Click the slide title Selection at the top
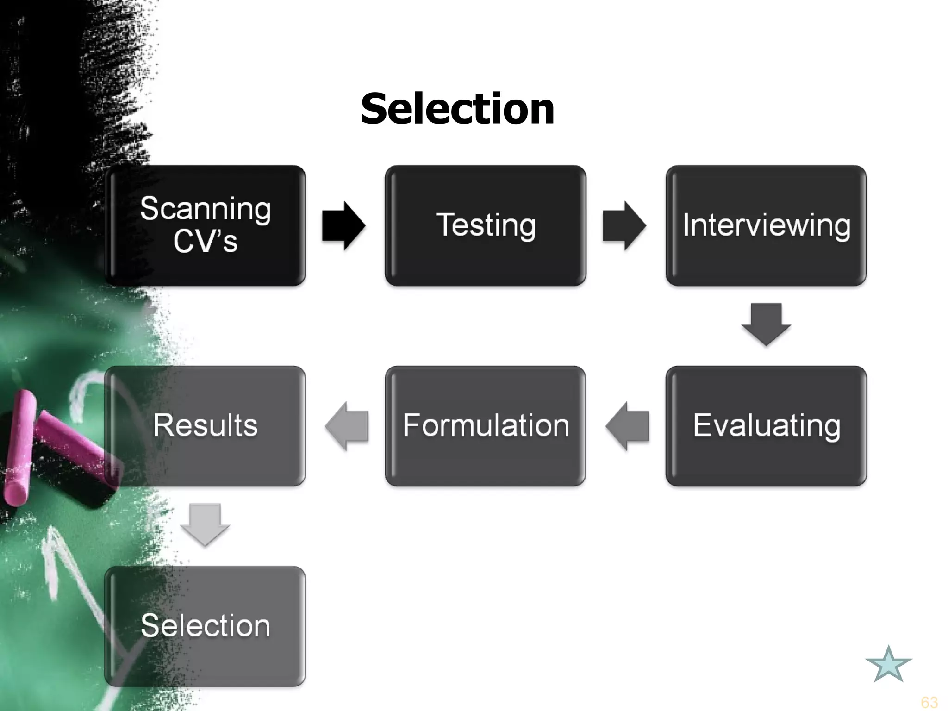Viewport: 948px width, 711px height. click(x=457, y=109)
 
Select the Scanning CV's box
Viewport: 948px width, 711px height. click(x=205, y=225)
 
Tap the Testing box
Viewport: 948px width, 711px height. click(x=486, y=225)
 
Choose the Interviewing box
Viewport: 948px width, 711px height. click(x=766, y=225)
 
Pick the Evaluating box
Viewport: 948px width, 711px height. click(x=766, y=426)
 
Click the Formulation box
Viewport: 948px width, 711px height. click(x=486, y=426)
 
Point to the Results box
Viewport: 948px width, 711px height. click(x=205, y=426)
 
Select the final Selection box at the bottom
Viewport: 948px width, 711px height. click(x=205, y=626)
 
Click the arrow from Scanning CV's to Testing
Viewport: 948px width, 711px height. click(x=344, y=226)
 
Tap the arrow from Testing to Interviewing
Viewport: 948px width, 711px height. click(x=624, y=226)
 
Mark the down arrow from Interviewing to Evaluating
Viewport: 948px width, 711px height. click(x=766, y=324)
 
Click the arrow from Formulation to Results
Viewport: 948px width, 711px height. click(x=347, y=426)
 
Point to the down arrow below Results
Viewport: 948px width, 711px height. click(x=205, y=524)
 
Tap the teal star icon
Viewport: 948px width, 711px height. click(x=888, y=665)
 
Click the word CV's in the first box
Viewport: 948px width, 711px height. click(x=205, y=242)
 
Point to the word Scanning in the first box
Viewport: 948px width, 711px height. click(x=205, y=209)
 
